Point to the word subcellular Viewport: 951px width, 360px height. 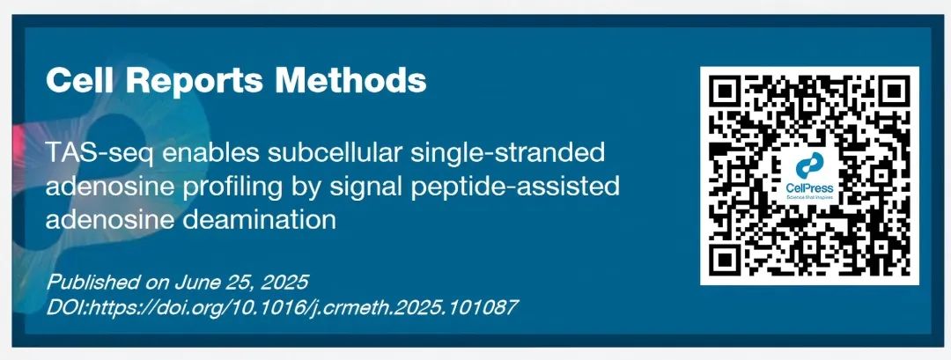[x=334, y=152]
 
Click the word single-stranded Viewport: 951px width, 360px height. [x=508, y=153]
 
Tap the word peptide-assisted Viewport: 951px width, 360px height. [x=518, y=187]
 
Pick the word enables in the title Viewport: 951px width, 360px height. [x=202, y=152]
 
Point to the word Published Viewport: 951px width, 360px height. [x=93, y=283]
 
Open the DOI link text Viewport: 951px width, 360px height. [x=282, y=307]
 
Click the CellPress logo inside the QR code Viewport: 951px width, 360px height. [x=810, y=176]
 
